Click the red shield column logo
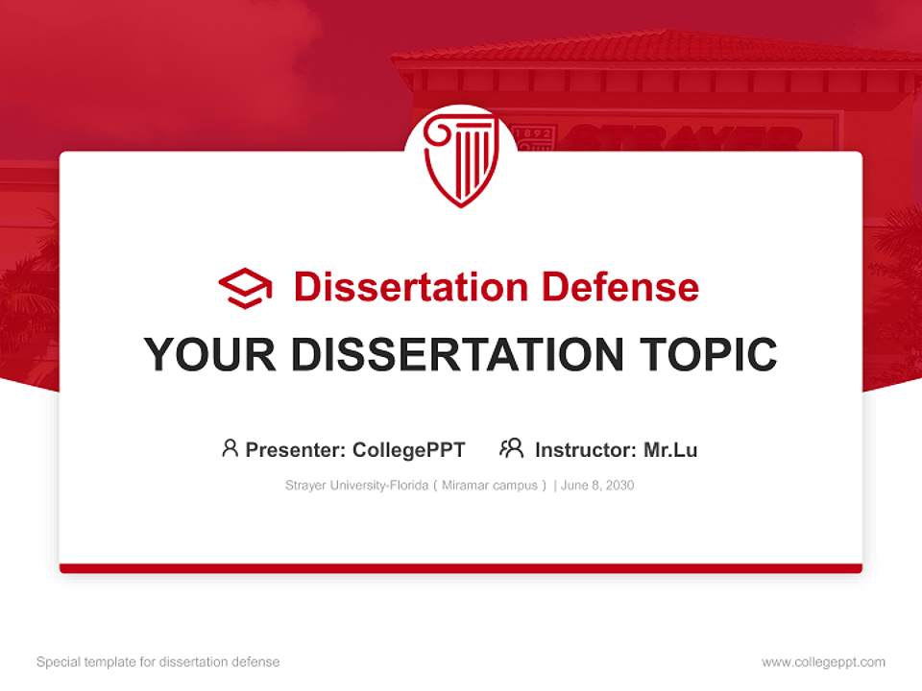[460, 158]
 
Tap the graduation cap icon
[245, 287]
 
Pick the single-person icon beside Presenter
[230, 448]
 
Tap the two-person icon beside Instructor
[511, 448]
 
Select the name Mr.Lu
[669, 449]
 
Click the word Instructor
[584, 449]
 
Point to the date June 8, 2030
[597, 486]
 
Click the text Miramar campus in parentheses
[489, 486]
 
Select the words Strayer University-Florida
[355, 486]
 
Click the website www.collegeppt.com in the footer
[823, 662]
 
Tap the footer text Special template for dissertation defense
[158, 662]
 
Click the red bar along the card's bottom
[460, 568]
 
